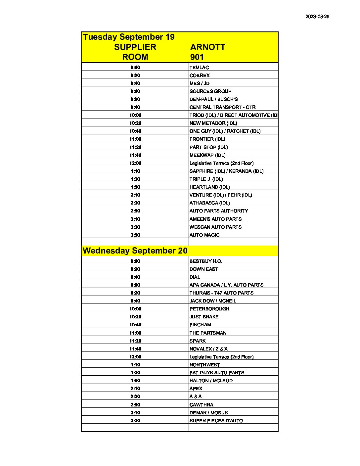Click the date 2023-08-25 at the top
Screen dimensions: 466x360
317,17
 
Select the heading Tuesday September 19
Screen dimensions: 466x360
129,37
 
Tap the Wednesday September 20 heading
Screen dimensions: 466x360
135,251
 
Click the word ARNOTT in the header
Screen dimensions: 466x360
207,47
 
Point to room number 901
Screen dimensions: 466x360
197,57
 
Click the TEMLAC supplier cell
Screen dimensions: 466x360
199,68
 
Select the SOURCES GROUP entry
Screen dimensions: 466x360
210,91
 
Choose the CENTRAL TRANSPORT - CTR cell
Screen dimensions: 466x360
222,107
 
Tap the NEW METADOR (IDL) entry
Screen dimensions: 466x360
213,123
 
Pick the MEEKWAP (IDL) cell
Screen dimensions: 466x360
207,155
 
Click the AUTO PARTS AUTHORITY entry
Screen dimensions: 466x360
219,211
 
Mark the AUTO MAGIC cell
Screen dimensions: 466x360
204,235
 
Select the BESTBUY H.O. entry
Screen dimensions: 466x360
206,261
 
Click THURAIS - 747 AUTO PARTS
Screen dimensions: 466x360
221,293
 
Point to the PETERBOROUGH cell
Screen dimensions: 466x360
209,309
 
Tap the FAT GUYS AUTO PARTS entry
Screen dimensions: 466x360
217,373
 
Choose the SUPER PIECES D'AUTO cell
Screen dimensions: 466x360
216,421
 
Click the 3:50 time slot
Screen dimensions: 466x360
135,235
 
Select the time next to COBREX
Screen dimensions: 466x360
135,75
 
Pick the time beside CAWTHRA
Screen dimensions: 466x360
135,405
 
